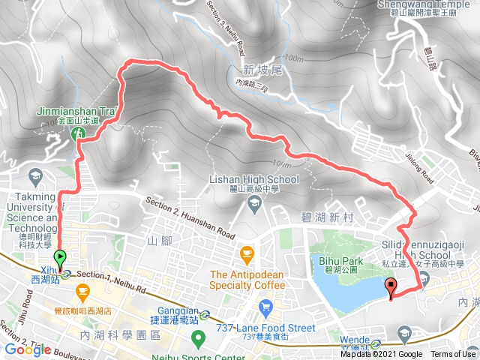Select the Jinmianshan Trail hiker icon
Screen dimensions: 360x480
click(77, 133)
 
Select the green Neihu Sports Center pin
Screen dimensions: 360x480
click(198, 339)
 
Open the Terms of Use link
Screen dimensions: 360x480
click(452, 355)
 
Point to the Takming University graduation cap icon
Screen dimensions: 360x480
click(34, 177)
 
